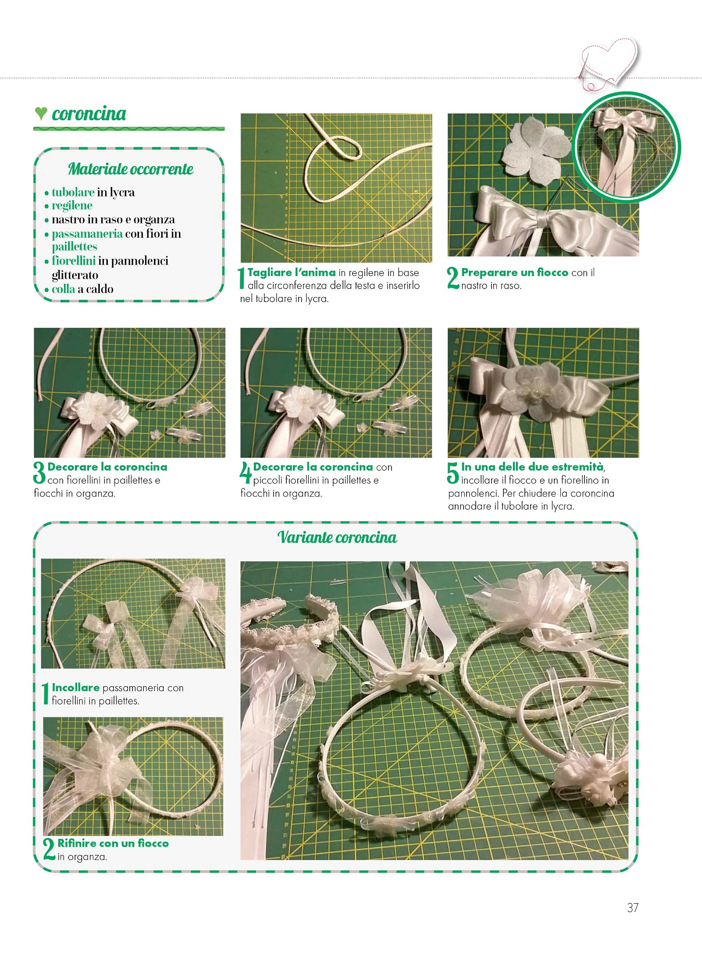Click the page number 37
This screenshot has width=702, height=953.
coord(632,907)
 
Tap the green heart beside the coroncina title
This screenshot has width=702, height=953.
coord(41,114)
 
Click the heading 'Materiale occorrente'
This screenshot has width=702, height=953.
coord(131,169)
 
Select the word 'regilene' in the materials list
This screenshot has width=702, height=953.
coord(72,206)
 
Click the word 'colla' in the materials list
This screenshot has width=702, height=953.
coord(63,289)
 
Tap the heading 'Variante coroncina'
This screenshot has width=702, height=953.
coord(337,537)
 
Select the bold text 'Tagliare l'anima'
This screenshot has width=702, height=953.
coord(292,272)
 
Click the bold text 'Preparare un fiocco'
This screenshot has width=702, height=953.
coord(514,272)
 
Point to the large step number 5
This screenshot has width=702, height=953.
coord(453,473)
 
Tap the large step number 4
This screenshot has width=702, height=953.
coord(246,473)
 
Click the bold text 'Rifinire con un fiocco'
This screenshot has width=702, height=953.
coord(113,843)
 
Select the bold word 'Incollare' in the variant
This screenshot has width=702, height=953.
coord(75,688)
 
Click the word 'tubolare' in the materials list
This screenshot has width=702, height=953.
coord(73,192)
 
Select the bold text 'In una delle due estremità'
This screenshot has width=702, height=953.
coord(532,467)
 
